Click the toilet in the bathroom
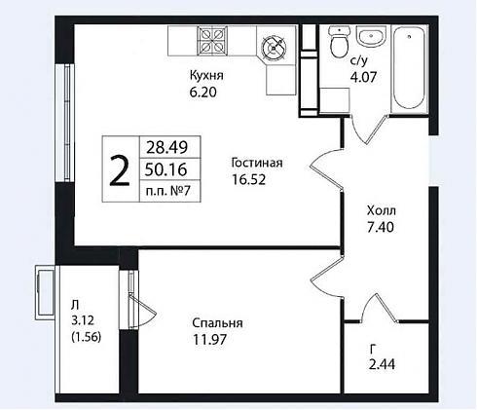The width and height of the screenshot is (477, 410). pyautogui.click(x=340, y=42)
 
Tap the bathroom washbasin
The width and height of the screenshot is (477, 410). pyautogui.click(x=372, y=37)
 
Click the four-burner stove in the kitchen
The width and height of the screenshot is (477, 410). pyautogui.click(x=212, y=41)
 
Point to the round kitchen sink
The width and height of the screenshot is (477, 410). pyautogui.click(x=275, y=48)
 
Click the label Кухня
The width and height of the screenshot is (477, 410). pyautogui.click(x=206, y=76)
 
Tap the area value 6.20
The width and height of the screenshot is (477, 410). pyautogui.click(x=203, y=93)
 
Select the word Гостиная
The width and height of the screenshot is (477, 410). pyautogui.click(x=257, y=163)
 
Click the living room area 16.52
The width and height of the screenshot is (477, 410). pyautogui.click(x=248, y=179)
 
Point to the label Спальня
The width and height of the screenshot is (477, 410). pyautogui.click(x=217, y=323)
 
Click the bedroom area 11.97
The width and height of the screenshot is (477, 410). pyautogui.click(x=209, y=340)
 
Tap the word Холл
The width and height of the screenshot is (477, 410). pyautogui.click(x=382, y=211)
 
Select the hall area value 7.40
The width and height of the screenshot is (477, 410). pyautogui.click(x=381, y=227)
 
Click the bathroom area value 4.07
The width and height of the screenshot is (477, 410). pyautogui.click(x=363, y=77)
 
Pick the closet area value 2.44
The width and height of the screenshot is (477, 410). pyautogui.click(x=382, y=364)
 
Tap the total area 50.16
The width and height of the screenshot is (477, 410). pyautogui.click(x=165, y=169)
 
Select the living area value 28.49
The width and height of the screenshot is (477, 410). pyautogui.click(x=166, y=148)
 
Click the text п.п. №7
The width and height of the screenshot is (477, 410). pyautogui.click(x=167, y=191)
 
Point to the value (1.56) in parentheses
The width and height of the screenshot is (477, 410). pyautogui.click(x=86, y=337)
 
